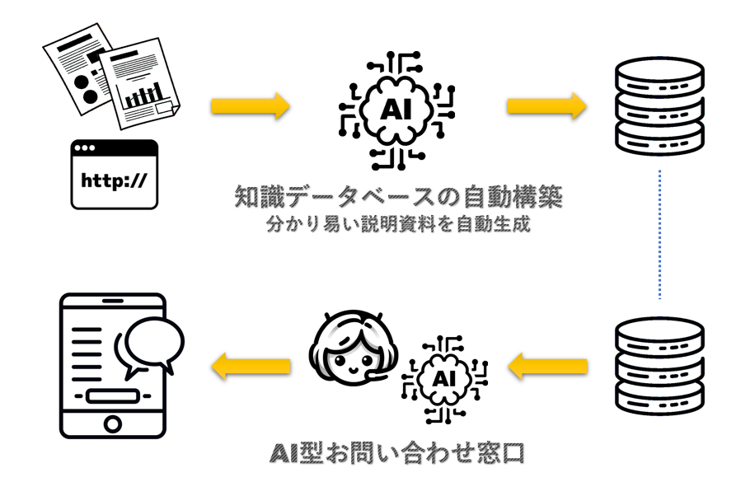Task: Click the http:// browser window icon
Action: pos(115,175)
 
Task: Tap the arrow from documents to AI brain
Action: pos(251,105)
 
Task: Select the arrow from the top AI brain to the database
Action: pos(546,105)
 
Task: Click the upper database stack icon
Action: pos(659,105)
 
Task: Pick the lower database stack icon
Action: pos(659,366)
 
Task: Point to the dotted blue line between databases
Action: pos(659,234)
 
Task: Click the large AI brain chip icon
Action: pos(396,110)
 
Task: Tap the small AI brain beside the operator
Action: pos(444,379)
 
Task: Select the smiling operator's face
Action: pos(354,349)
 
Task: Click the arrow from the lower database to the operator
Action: pos(548,367)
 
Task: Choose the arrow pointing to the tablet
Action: pos(251,367)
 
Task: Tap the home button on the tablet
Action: pos(113,423)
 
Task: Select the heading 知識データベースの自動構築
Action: pos(398,197)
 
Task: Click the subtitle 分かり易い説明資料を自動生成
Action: pos(398,224)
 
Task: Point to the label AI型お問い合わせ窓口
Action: pos(397,453)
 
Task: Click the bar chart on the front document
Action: pos(144,96)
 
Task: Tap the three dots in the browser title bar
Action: pos(85,147)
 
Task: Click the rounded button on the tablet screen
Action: pos(113,396)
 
